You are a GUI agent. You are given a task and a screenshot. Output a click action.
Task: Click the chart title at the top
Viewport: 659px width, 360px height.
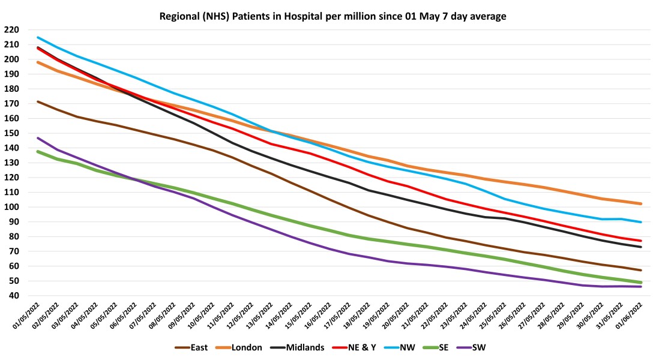coord(333,16)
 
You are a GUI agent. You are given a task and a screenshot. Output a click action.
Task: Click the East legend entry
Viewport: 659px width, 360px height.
coord(196,347)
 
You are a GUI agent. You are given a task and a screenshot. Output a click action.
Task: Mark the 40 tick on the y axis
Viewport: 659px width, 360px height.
coord(13,296)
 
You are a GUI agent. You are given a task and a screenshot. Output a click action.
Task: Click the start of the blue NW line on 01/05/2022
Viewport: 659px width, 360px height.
coord(38,37)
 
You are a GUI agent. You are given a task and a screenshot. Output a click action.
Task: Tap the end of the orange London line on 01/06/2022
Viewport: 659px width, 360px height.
coord(642,203)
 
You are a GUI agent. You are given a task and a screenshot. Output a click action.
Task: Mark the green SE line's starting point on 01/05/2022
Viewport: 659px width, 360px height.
coord(38,151)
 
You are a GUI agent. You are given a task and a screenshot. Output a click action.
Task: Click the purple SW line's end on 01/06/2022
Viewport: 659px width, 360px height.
coord(642,287)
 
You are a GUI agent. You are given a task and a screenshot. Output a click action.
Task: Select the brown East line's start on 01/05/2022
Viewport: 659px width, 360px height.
coord(38,101)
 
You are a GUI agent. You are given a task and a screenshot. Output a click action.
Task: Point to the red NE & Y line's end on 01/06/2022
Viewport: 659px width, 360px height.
coord(642,241)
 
